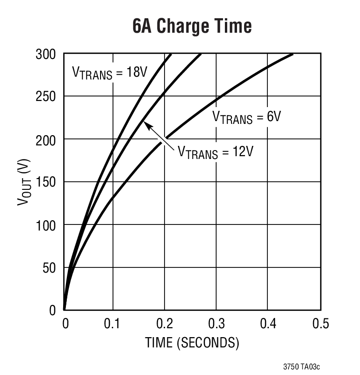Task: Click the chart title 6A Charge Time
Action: pyautogui.click(x=192, y=26)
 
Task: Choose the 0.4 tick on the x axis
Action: pyautogui.click(x=267, y=324)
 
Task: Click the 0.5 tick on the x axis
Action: pyautogui.click(x=320, y=324)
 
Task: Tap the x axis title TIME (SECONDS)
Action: pyautogui.click(x=192, y=343)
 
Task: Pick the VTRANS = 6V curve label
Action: pyautogui.click(x=246, y=117)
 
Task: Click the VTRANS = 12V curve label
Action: pyautogui.click(x=215, y=152)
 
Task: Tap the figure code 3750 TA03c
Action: pyautogui.click(x=302, y=367)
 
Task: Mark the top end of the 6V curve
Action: pyautogui.click(x=292, y=55)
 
